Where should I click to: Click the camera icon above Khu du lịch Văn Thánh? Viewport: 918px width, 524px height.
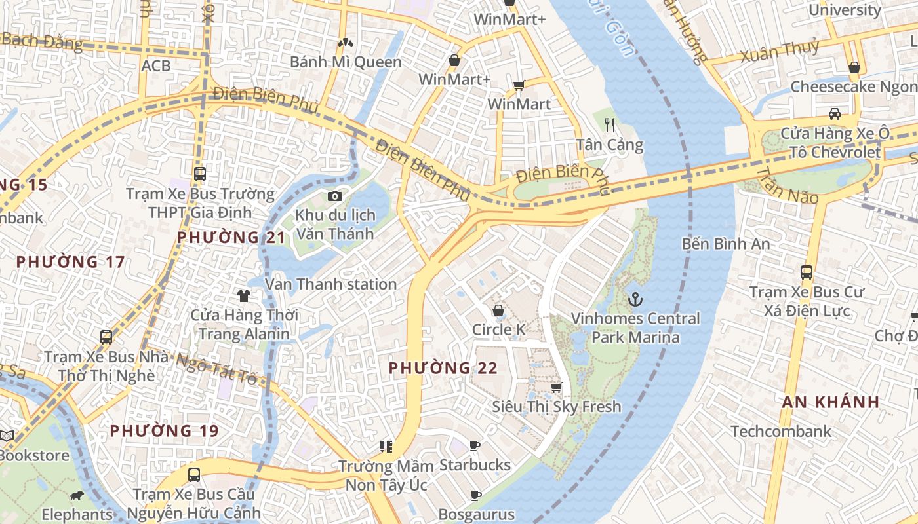click(x=334, y=196)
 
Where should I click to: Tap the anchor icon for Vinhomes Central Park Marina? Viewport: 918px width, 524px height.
click(x=635, y=300)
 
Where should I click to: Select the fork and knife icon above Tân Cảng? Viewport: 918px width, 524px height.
click(x=610, y=125)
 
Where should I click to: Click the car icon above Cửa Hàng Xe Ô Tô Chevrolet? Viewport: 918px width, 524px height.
click(x=835, y=114)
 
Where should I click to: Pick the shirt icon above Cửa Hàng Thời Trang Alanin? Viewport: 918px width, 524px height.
click(x=244, y=296)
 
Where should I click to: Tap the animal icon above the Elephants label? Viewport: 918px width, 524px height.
click(x=77, y=496)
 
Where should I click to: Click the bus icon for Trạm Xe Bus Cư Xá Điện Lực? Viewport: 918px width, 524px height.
click(x=807, y=272)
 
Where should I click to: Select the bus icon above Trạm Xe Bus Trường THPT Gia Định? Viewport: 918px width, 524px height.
click(x=200, y=175)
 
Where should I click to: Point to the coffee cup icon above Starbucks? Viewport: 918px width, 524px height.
click(x=475, y=446)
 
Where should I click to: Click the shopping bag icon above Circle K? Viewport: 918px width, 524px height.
click(x=498, y=310)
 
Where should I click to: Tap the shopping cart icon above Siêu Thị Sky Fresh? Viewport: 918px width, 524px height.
click(x=556, y=388)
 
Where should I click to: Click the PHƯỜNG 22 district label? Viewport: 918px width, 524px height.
click(x=443, y=368)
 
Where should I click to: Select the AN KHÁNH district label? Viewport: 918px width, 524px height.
click(x=830, y=402)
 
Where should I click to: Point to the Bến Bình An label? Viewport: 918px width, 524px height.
click(x=726, y=244)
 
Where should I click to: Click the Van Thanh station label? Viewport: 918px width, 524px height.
click(x=330, y=284)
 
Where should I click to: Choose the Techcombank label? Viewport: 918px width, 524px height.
click(x=780, y=431)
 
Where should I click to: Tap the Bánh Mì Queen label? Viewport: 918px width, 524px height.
click(x=346, y=62)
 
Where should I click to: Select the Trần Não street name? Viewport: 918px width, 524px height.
click(x=787, y=185)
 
